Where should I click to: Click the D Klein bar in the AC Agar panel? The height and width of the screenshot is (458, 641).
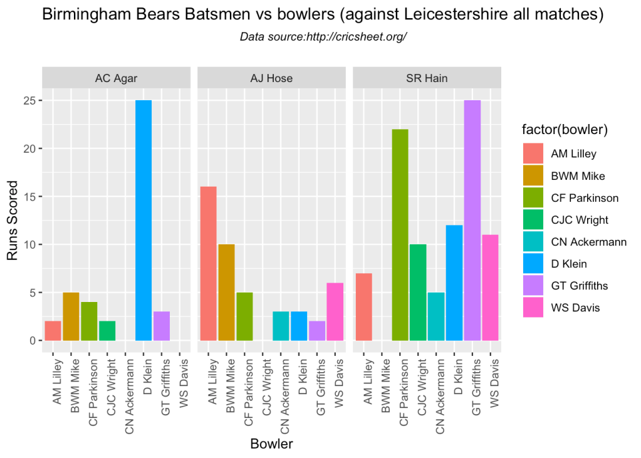[143, 221]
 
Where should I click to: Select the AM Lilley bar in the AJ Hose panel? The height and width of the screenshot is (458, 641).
[209, 264]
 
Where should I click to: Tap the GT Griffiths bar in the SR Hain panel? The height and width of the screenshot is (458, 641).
[472, 221]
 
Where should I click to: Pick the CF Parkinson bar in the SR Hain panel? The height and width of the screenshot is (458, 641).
[400, 235]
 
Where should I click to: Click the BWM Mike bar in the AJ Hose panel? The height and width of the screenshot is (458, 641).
[226, 293]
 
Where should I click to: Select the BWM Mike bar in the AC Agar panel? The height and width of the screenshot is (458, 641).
[71, 316]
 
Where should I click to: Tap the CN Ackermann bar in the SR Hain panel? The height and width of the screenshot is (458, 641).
[436, 316]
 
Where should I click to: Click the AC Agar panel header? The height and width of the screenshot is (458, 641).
[117, 78]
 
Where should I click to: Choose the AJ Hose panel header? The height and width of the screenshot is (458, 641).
[271, 78]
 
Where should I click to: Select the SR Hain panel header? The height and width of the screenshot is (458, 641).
[427, 78]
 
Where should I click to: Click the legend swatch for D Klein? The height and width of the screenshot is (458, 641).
[532, 264]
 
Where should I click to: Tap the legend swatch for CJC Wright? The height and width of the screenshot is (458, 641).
[532, 220]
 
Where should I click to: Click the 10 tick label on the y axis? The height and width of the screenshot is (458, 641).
[29, 244]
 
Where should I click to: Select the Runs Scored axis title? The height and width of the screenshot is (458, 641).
[13, 221]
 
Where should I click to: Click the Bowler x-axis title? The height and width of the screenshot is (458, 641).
[271, 444]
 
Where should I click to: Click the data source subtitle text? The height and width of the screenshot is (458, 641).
[323, 37]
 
